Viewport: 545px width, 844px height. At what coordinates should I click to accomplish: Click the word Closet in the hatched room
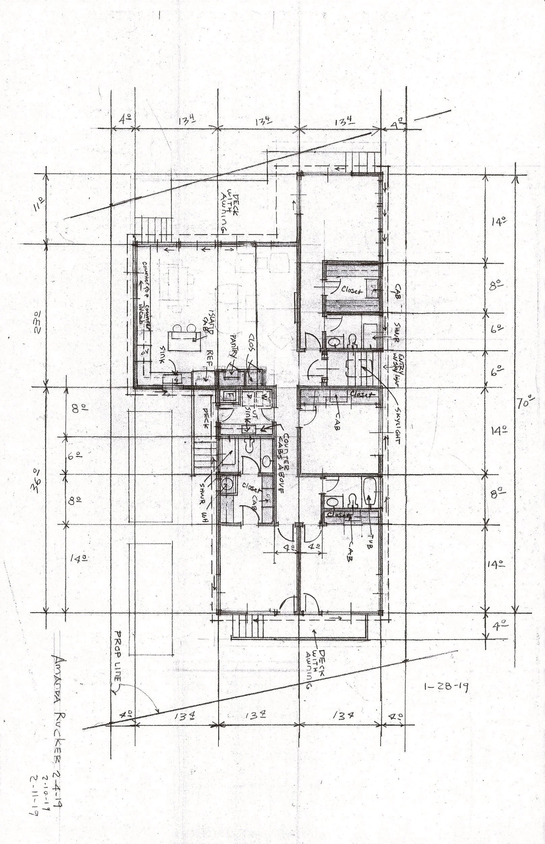352,291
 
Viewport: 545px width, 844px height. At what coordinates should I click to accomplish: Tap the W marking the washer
265,396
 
